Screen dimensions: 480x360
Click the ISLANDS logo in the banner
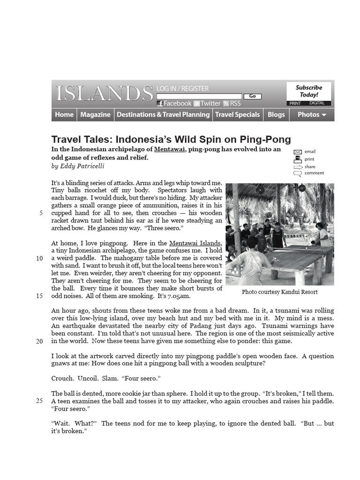[104, 93]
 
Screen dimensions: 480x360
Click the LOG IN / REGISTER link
[182, 89]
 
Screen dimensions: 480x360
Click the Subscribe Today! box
[309, 91]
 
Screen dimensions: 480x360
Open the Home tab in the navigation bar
[64, 114]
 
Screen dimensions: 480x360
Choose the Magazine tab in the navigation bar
[95, 114]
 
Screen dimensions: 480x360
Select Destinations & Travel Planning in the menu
[163, 114]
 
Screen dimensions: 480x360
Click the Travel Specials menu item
[237, 114]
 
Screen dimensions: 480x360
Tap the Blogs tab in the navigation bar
[276, 114]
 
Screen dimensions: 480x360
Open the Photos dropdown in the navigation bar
[312, 114]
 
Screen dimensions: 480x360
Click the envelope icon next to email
[297, 152]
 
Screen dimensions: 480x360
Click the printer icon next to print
[297, 159]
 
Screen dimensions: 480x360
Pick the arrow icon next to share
[297, 167]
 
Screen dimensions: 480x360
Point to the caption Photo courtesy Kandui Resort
[279, 292]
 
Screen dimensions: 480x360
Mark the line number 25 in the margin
[39, 401]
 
